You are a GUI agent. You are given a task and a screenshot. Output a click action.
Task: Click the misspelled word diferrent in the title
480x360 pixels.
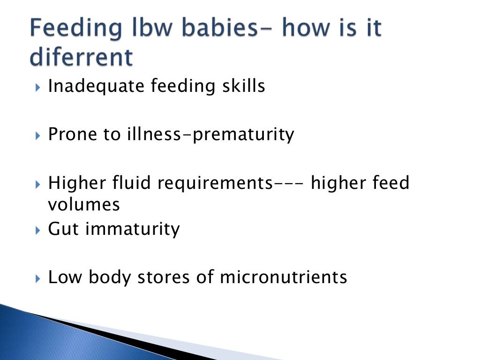coord(81,58)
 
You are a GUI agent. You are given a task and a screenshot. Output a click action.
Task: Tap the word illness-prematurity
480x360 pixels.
coord(210,135)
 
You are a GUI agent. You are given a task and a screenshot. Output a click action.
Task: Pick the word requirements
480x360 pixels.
coord(215,183)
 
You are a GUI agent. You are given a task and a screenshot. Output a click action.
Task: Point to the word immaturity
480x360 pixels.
coord(132,229)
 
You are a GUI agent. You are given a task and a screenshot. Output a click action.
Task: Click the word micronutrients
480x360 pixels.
coord(284,277)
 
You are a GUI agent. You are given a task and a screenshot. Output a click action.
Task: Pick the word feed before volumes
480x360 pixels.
coord(389,183)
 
